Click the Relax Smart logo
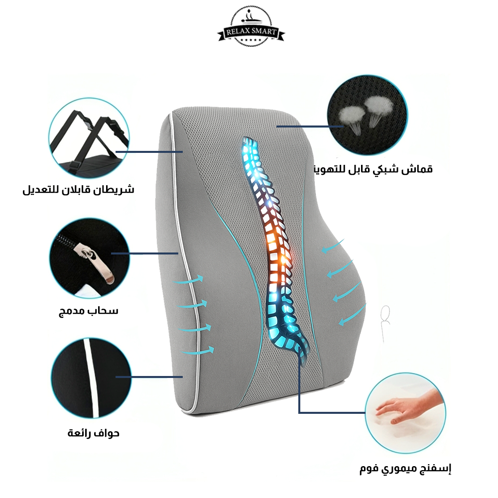(x=251, y=27)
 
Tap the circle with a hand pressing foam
(x=405, y=413)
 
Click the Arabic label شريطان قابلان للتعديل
(x=78, y=190)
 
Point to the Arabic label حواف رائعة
(x=94, y=433)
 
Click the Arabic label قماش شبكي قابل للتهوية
(x=373, y=169)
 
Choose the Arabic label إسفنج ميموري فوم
(x=405, y=469)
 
